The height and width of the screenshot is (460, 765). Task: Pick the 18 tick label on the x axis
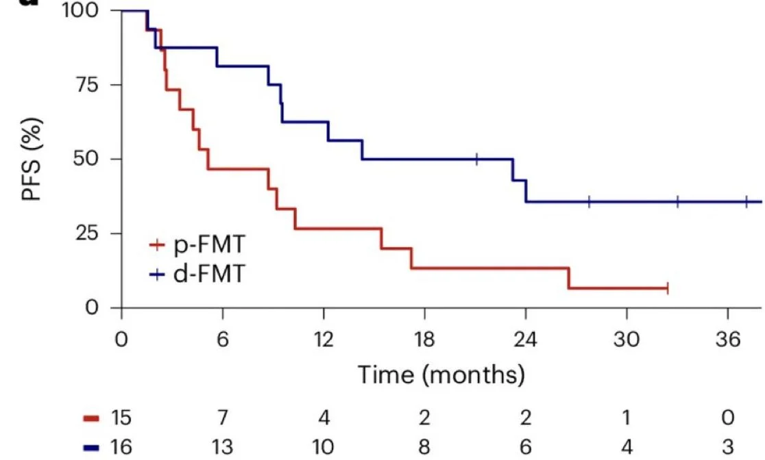click(424, 340)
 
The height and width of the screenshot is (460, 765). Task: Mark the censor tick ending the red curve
click(666, 289)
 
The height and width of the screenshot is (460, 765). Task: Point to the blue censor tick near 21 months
click(476, 159)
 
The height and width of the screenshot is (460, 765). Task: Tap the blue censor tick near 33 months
click(677, 202)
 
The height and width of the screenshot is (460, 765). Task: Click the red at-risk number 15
click(122, 418)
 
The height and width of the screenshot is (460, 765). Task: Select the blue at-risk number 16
click(122, 446)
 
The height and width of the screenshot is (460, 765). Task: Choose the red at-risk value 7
click(223, 418)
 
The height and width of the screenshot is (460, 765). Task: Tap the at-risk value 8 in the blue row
click(424, 446)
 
